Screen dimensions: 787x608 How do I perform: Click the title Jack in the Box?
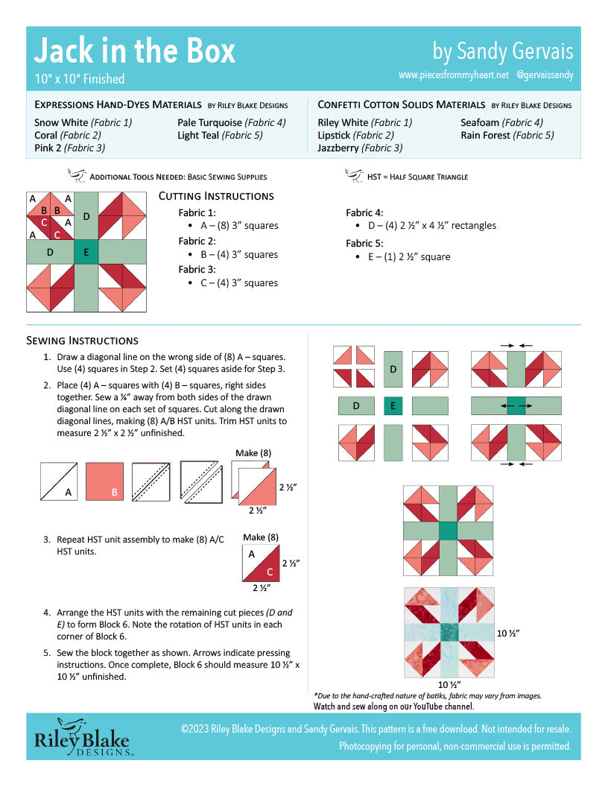click(x=135, y=51)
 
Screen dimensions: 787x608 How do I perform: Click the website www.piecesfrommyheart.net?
click(x=453, y=75)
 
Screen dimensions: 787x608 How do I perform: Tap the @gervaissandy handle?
click(x=544, y=75)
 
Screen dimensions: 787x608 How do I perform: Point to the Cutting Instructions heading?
click(x=216, y=196)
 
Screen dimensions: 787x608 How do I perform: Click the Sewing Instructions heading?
click(x=82, y=341)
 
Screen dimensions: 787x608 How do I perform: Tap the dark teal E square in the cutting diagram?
click(x=86, y=253)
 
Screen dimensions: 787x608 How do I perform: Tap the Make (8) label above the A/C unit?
click(x=260, y=537)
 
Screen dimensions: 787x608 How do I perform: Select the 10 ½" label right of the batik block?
click(x=507, y=633)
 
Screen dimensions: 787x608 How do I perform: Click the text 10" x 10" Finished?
click(x=79, y=78)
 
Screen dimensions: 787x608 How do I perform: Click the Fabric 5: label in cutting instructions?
click(x=364, y=243)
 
